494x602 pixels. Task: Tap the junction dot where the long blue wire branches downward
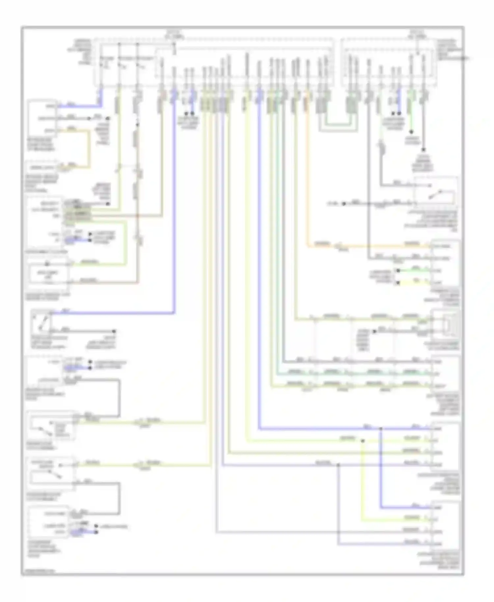(x=380, y=429)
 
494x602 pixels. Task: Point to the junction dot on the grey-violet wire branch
(x=338, y=465)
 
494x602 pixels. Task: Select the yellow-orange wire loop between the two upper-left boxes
(x=88, y=148)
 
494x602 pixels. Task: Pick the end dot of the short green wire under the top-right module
(x=411, y=131)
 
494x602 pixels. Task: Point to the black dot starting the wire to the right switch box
(x=343, y=204)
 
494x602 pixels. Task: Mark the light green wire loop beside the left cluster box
(x=125, y=244)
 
